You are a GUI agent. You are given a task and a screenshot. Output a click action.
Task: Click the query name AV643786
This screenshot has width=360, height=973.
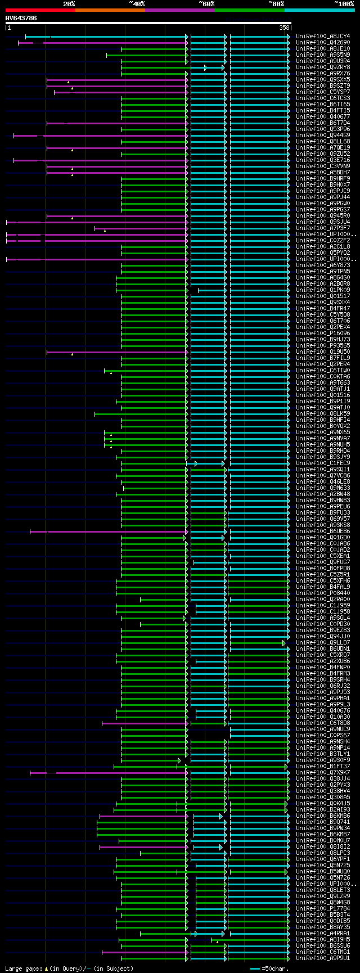(21, 18)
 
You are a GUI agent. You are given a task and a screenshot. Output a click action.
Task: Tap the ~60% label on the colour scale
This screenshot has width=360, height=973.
(206, 4)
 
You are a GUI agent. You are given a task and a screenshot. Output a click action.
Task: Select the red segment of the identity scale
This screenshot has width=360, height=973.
(40, 10)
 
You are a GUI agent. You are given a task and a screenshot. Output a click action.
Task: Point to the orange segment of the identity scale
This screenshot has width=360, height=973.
(110, 10)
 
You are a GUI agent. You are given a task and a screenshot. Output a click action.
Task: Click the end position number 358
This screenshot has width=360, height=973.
(284, 28)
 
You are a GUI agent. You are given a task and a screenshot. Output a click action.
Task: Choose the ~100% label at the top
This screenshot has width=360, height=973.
(343, 4)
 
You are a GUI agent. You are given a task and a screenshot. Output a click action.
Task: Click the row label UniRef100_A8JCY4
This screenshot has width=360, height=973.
(323, 37)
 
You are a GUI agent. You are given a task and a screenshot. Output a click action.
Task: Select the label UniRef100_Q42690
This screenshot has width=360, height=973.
(323, 43)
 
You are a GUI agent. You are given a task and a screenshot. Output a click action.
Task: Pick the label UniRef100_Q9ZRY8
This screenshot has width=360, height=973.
(323, 67)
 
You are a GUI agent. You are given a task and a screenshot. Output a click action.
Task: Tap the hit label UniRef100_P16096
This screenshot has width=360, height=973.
(323, 334)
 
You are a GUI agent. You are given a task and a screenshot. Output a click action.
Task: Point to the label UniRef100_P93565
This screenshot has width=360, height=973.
(323, 346)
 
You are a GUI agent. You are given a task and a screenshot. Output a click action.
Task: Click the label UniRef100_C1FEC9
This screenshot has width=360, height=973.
(323, 463)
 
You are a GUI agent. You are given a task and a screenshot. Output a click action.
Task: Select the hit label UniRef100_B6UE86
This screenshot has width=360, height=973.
(323, 531)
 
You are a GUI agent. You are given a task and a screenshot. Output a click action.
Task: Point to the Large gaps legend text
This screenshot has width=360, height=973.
(22, 969)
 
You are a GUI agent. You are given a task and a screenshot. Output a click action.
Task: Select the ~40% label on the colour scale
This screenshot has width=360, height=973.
(137, 4)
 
